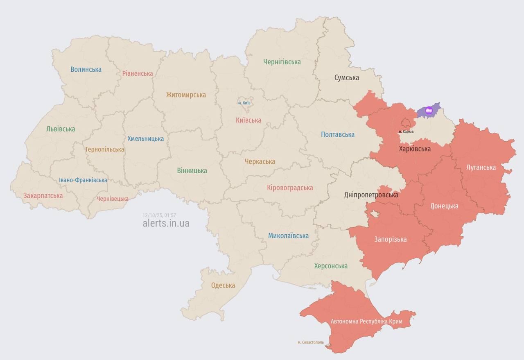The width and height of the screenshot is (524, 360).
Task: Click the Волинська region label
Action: (86, 70)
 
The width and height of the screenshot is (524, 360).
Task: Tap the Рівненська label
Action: (138, 74)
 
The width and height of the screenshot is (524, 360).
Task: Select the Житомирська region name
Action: (186, 95)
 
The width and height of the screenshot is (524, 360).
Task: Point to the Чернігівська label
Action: (282, 62)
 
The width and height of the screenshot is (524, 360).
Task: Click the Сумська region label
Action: (347, 78)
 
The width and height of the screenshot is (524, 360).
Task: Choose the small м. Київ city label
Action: (244, 103)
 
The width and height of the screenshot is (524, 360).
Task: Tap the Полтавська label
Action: (338, 135)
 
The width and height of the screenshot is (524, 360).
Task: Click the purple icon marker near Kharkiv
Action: (429, 110)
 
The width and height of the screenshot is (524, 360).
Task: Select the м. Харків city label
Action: (406, 131)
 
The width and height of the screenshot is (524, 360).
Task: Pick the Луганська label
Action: (481, 168)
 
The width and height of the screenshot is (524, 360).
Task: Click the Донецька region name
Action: (444, 206)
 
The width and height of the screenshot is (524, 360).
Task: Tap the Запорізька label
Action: (391, 240)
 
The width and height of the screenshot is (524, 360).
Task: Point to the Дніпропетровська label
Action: (371, 195)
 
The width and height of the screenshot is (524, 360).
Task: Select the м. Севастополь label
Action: (311, 342)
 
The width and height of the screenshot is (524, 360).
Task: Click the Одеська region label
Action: (223, 285)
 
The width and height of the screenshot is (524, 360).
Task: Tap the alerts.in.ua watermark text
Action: (166, 223)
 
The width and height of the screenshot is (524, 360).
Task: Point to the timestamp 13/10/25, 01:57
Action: (159, 215)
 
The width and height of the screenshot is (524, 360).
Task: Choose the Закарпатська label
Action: (43, 196)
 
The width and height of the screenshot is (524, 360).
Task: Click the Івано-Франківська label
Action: (83, 180)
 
